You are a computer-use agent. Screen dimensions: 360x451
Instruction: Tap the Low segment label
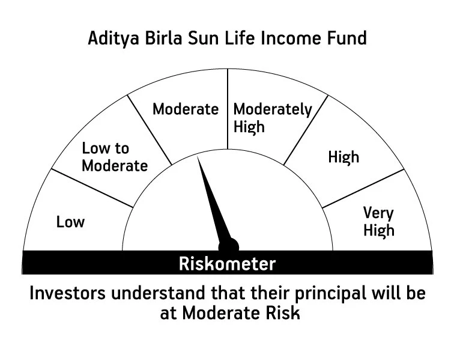(x=71, y=222)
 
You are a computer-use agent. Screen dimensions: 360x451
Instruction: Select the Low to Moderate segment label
(x=114, y=157)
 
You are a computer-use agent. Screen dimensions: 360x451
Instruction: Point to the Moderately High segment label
(x=273, y=118)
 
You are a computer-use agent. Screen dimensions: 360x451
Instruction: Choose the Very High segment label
(x=378, y=221)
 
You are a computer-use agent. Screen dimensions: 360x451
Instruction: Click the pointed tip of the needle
(x=199, y=158)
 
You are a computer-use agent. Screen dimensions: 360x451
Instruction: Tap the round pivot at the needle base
(x=229, y=245)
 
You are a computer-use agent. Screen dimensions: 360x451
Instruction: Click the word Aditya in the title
(x=109, y=39)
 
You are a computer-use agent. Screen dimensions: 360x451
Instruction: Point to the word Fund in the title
(x=348, y=39)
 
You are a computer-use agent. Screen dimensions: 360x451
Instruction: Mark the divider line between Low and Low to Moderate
(x=92, y=188)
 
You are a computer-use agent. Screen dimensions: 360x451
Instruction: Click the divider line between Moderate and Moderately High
(x=228, y=108)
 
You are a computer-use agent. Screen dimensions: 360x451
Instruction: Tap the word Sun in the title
(x=193, y=39)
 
